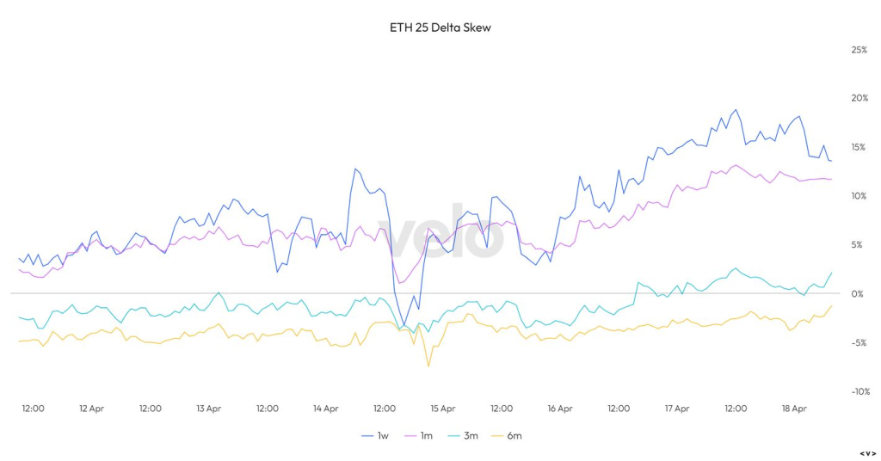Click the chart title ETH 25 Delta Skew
440,28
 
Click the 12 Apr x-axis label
91,409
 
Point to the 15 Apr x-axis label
442,409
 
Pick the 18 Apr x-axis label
793,409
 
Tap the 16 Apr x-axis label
559,409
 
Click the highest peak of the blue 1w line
735,110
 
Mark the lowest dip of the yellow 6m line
428,366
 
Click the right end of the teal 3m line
832,273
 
